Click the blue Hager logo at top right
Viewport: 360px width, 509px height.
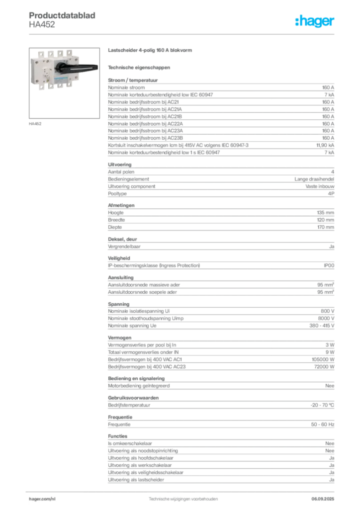(x=315, y=21)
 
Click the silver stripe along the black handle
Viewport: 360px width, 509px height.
(x=82, y=69)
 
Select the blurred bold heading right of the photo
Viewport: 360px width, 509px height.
(x=151, y=51)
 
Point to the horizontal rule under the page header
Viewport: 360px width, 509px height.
(x=183, y=34)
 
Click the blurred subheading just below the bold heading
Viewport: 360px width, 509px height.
(x=140, y=67)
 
